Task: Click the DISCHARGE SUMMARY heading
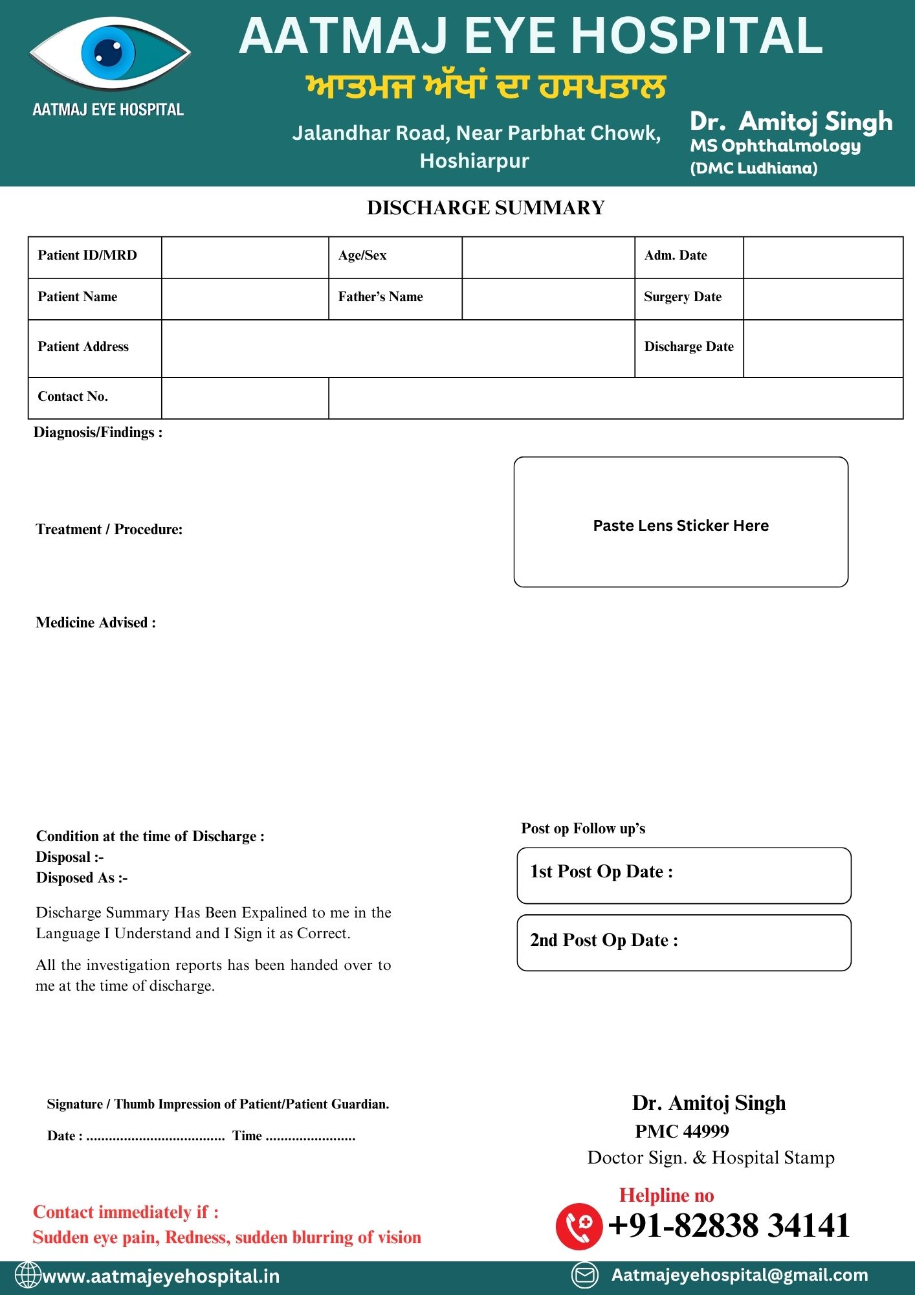coord(485,208)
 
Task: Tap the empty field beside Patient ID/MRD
coord(245,257)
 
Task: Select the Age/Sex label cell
coord(362,256)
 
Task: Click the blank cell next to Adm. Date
coord(822,257)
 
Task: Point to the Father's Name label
coord(380,297)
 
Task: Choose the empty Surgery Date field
coord(822,298)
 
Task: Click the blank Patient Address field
coord(397,348)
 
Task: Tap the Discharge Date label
coord(689,347)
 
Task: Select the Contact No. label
coord(73,397)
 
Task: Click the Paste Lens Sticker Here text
coord(681,526)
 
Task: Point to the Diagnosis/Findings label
coord(98,433)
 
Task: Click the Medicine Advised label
coord(96,623)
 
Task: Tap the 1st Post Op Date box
coord(684,875)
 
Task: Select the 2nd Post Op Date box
coord(684,943)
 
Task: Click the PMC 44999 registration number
coord(682,1131)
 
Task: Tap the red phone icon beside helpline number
coord(579,1226)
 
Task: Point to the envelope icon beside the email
coord(585,1276)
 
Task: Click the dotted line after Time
coord(310,1138)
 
